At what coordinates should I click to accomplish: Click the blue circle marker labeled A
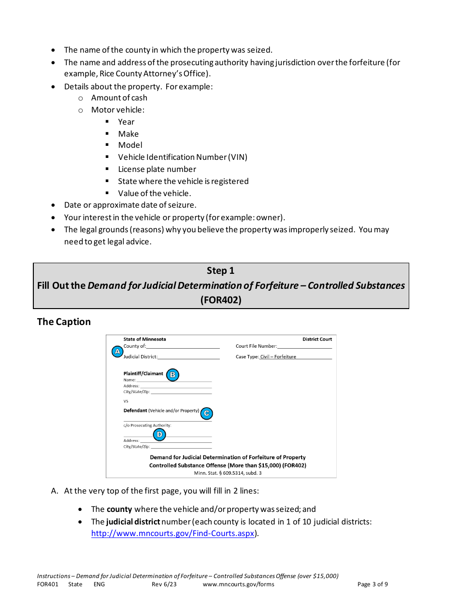(117, 352)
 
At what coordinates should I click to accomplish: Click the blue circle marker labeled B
(172, 375)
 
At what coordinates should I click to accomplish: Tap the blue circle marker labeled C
(206, 413)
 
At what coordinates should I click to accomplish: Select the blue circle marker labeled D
(159, 435)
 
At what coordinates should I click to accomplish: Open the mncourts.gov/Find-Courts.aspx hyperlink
(172, 534)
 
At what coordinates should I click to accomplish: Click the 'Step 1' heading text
(220, 270)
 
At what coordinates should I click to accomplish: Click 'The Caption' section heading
(64, 322)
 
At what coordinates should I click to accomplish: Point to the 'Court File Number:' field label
(256, 346)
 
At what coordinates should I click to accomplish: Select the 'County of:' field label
(135, 346)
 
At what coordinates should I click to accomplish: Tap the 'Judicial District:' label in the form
(141, 357)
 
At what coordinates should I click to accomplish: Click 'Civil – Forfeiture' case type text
(278, 357)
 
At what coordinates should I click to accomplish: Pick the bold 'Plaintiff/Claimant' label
(143, 373)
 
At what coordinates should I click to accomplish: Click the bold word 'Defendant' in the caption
(135, 410)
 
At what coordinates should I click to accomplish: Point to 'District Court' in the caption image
(317, 339)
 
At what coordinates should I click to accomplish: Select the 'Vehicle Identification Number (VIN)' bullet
(183, 157)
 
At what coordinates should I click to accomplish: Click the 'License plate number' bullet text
(157, 169)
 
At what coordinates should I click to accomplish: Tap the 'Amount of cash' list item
(119, 98)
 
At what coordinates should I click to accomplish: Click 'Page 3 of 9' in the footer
(373, 584)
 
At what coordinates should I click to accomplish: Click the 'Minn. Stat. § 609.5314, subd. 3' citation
(228, 473)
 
